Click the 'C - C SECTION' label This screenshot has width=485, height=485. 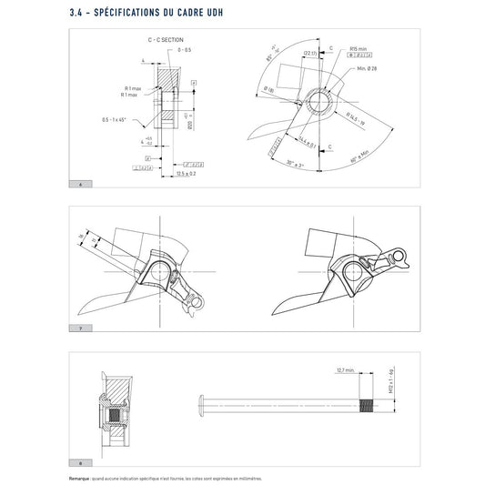tap(165, 42)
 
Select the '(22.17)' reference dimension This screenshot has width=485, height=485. tap(311, 54)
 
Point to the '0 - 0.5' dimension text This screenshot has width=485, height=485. tap(185, 51)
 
